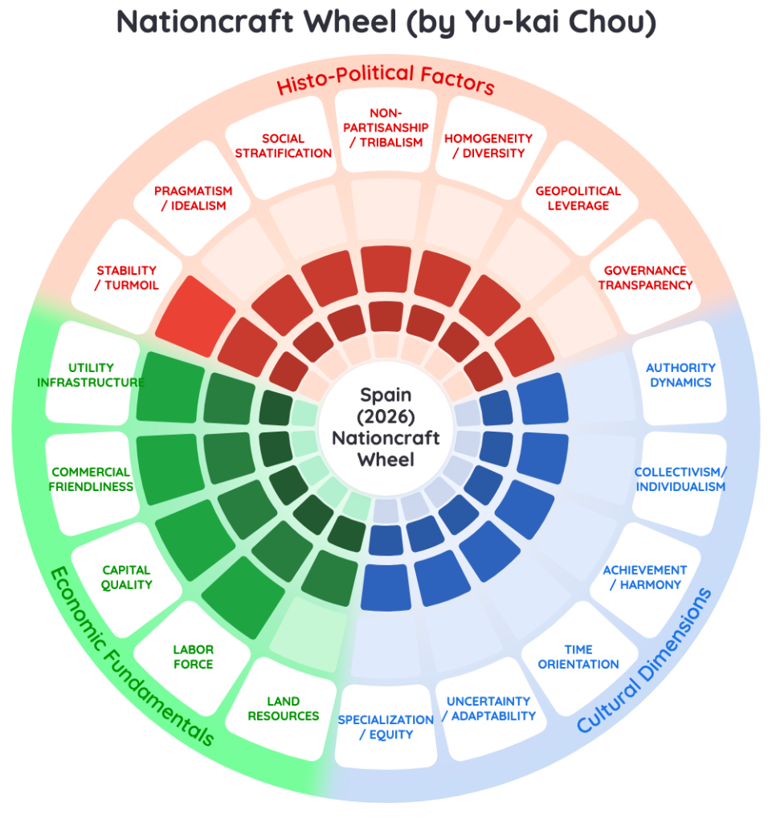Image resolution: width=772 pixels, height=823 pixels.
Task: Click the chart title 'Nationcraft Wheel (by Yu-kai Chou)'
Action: coord(386,22)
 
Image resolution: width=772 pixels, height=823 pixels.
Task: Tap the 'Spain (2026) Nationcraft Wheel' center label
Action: coord(386,428)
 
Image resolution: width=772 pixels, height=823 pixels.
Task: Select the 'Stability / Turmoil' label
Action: coord(126,277)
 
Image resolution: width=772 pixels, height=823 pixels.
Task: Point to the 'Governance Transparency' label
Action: coord(645,277)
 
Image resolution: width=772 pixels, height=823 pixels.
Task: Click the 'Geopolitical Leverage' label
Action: coord(578,199)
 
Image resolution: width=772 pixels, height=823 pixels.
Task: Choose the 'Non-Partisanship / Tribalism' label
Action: coord(386,128)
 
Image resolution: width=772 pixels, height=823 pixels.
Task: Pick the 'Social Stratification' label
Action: coord(284,146)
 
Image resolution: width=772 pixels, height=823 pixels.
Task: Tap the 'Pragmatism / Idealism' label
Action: coord(194,199)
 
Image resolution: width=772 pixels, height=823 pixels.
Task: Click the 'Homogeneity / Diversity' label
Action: coord(488,146)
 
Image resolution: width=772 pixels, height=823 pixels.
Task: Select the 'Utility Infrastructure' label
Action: coord(91,375)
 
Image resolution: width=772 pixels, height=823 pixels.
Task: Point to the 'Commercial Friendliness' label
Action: coord(91,479)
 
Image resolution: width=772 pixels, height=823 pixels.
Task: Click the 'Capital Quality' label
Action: coord(126,577)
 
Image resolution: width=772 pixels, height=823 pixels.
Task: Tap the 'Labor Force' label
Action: coord(194,657)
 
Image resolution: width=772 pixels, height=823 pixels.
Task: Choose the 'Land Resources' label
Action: coord(284,709)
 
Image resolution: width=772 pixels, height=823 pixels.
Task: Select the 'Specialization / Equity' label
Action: coord(386,727)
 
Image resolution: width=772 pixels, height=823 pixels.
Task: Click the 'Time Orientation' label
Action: coord(578,657)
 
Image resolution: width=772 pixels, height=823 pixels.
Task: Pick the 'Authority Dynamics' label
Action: coord(680,375)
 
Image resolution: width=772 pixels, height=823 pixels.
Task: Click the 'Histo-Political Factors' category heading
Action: coord(386,79)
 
